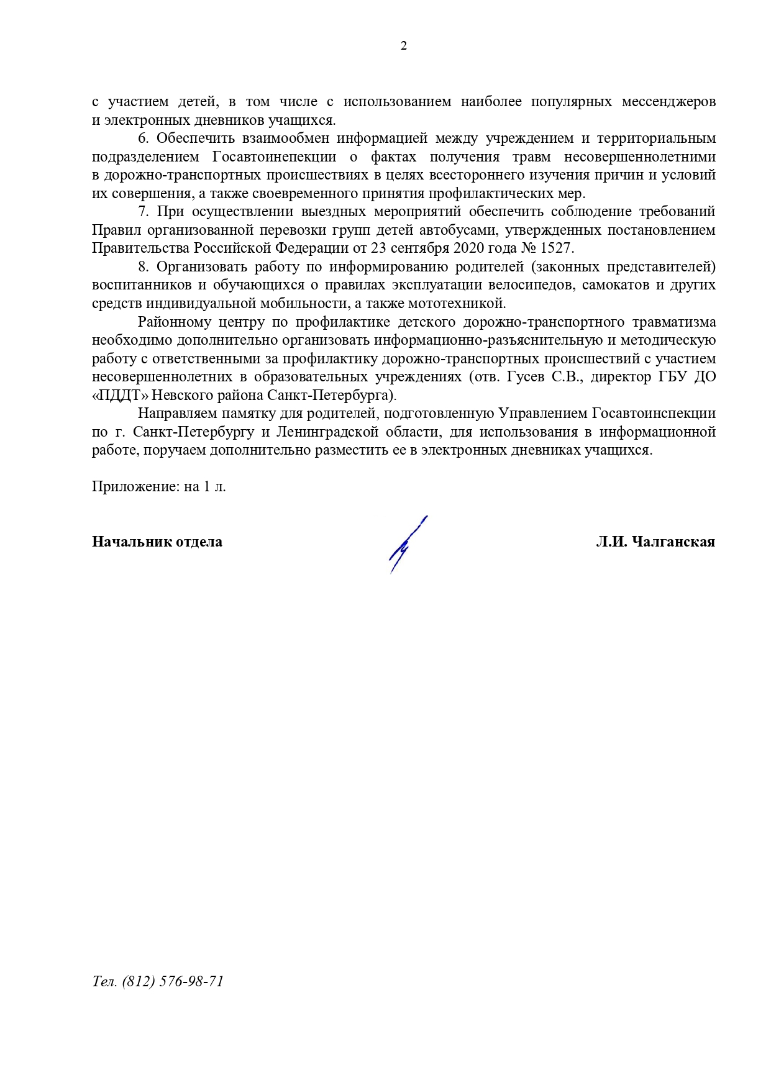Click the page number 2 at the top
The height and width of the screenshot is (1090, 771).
[404, 46]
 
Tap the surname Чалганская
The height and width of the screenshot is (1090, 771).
[673, 542]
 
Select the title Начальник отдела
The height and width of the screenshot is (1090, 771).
[157, 542]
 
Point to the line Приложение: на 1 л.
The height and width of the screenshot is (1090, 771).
[159, 486]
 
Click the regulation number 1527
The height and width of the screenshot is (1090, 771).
[557, 248]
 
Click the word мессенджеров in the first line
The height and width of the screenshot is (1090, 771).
[668, 102]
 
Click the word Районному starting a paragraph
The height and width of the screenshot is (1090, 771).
[175, 322]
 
